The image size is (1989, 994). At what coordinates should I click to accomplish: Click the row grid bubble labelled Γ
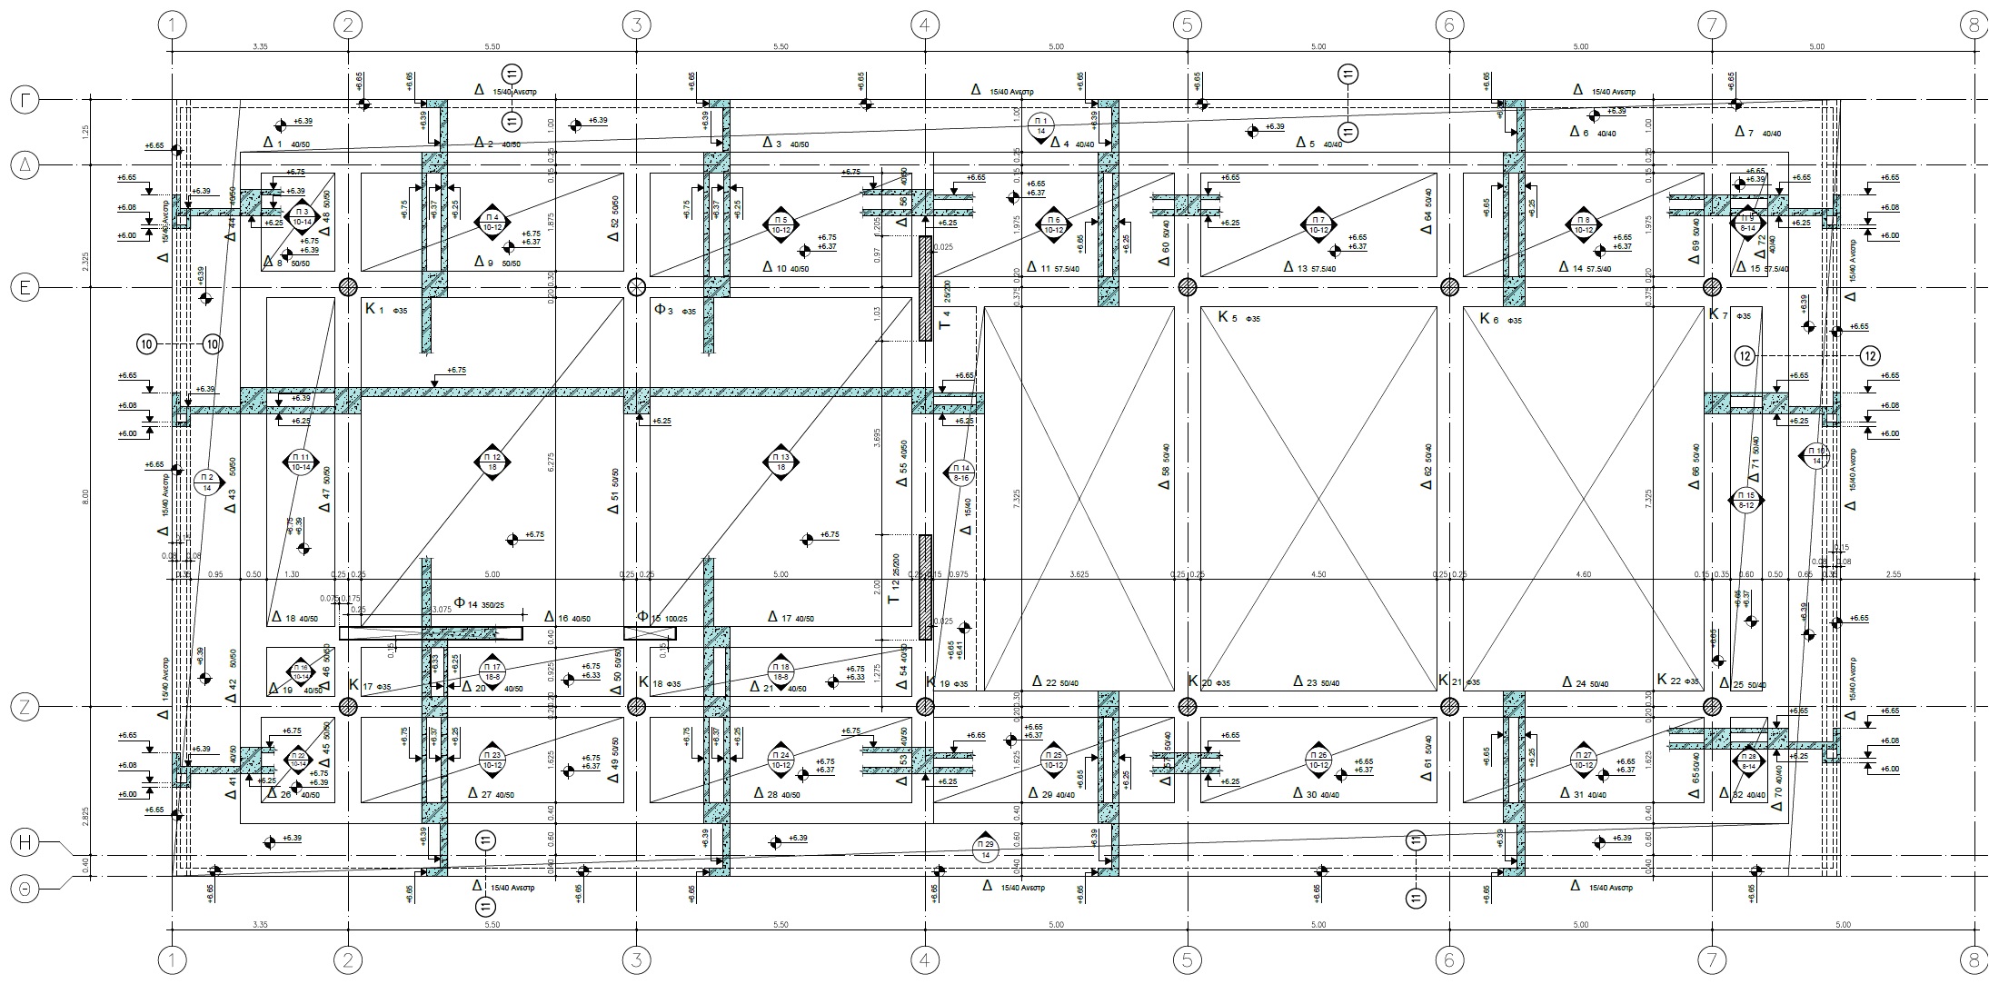tap(25, 100)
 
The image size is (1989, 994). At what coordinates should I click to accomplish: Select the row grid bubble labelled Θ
tap(25, 890)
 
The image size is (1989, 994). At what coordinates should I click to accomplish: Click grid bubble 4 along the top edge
tap(924, 25)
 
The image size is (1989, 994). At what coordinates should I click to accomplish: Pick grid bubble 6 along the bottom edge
tap(1449, 959)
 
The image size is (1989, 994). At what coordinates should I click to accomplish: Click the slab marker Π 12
tap(492, 462)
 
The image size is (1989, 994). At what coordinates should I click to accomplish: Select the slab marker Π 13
tap(781, 462)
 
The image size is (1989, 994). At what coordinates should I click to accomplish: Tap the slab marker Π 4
tap(492, 222)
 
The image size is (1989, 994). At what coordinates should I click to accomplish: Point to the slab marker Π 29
tap(985, 849)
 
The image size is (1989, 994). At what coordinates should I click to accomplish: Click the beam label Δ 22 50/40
tap(1058, 681)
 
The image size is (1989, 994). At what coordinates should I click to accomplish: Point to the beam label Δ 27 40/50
tap(492, 793)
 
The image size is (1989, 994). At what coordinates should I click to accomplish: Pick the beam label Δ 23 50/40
tap(1317, 681)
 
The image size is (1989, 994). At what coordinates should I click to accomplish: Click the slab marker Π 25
tap(1055, 759)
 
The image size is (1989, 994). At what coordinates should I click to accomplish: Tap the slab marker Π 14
tap(961, 472)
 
